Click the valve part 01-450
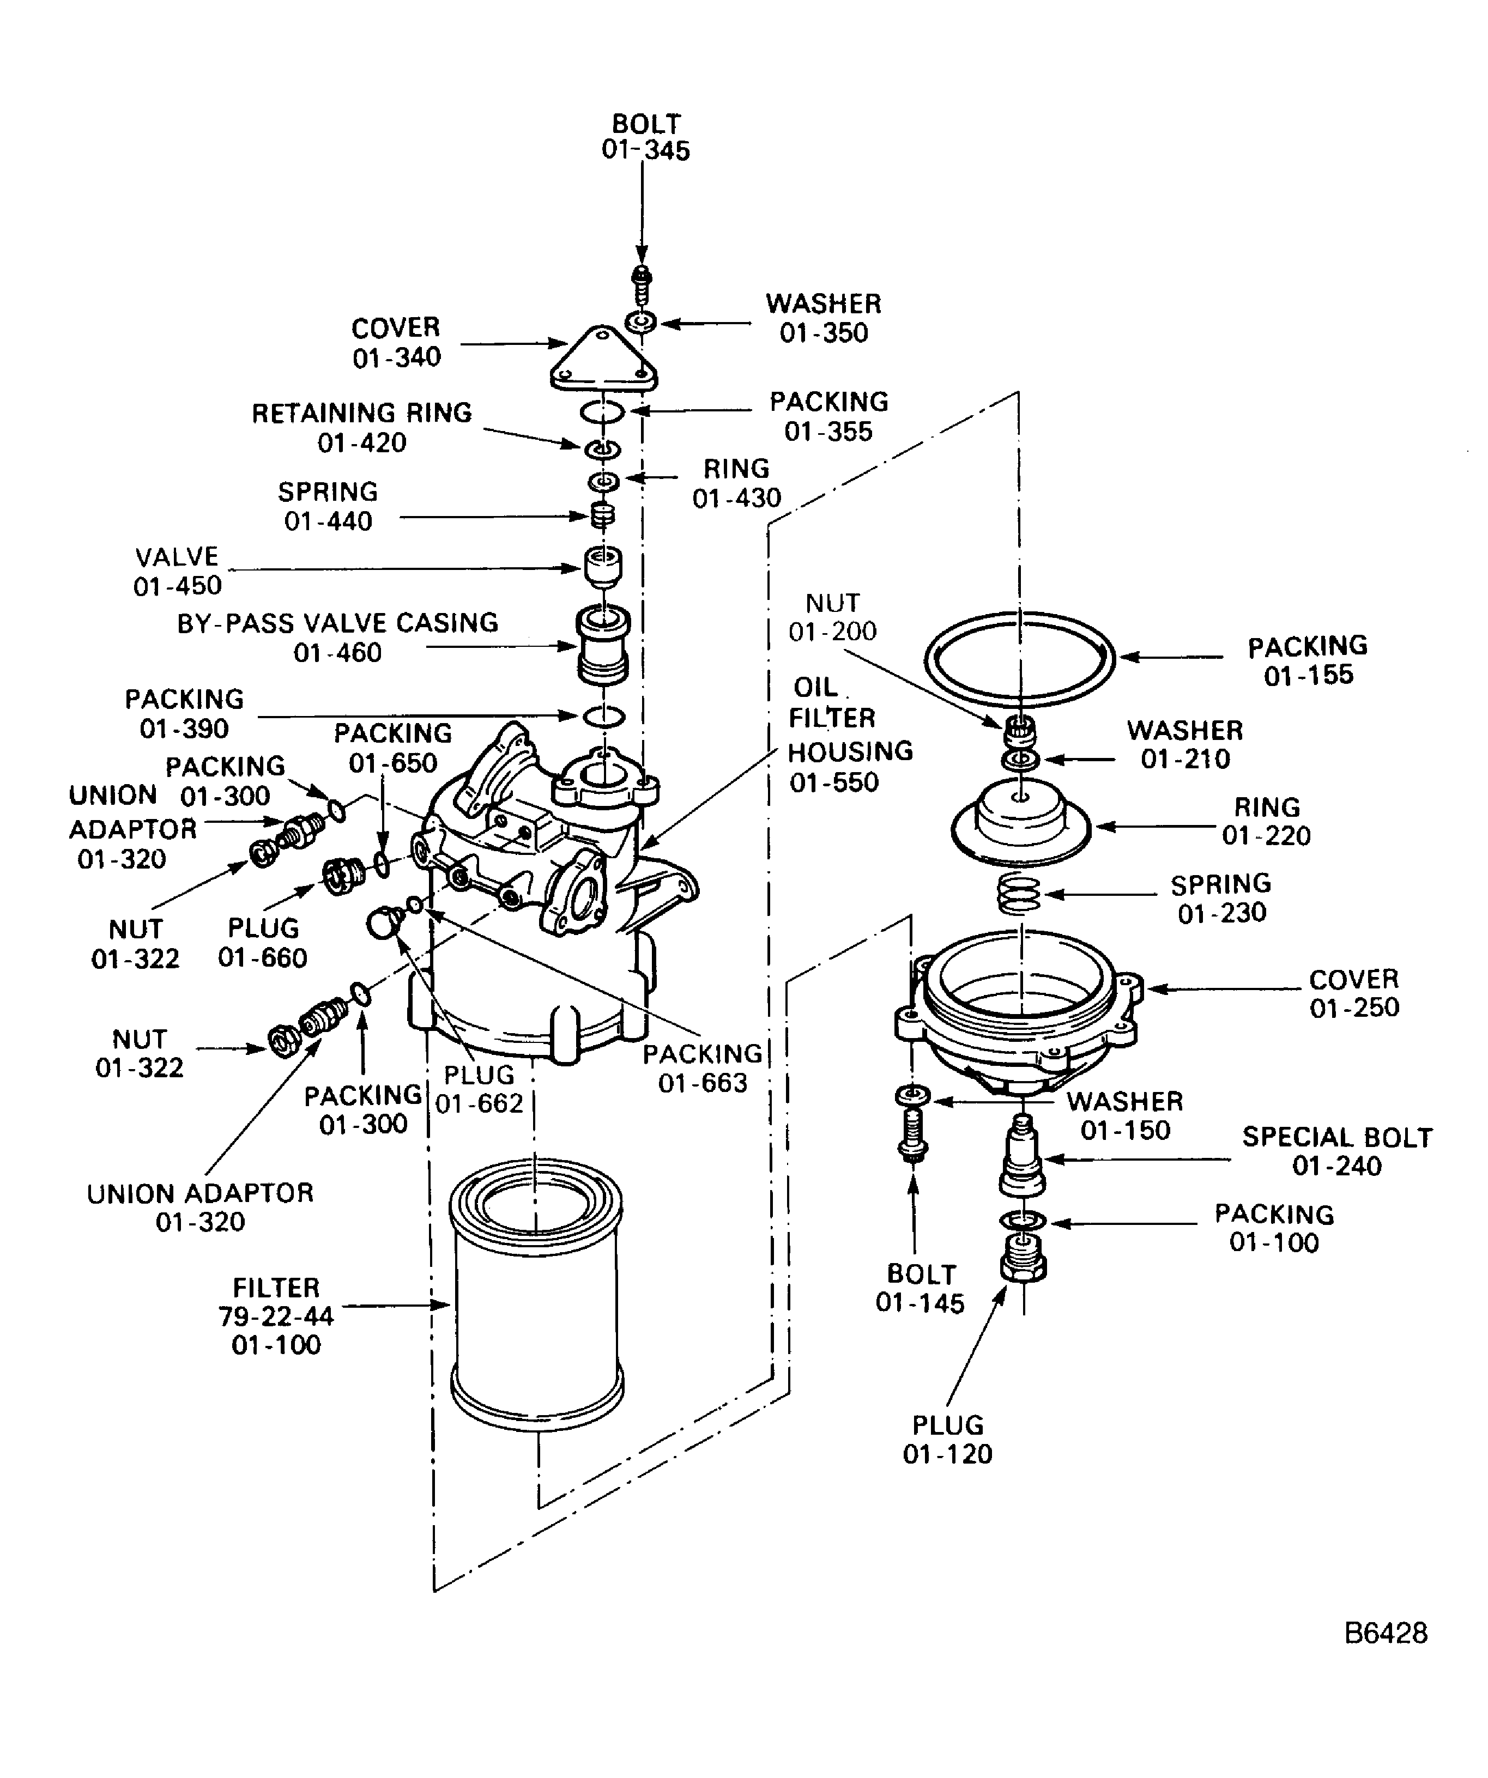coord(602,567)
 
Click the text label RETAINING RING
coord(361,413)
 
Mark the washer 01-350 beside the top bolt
coord(642,323)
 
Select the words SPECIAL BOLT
coord(1336,1137)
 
